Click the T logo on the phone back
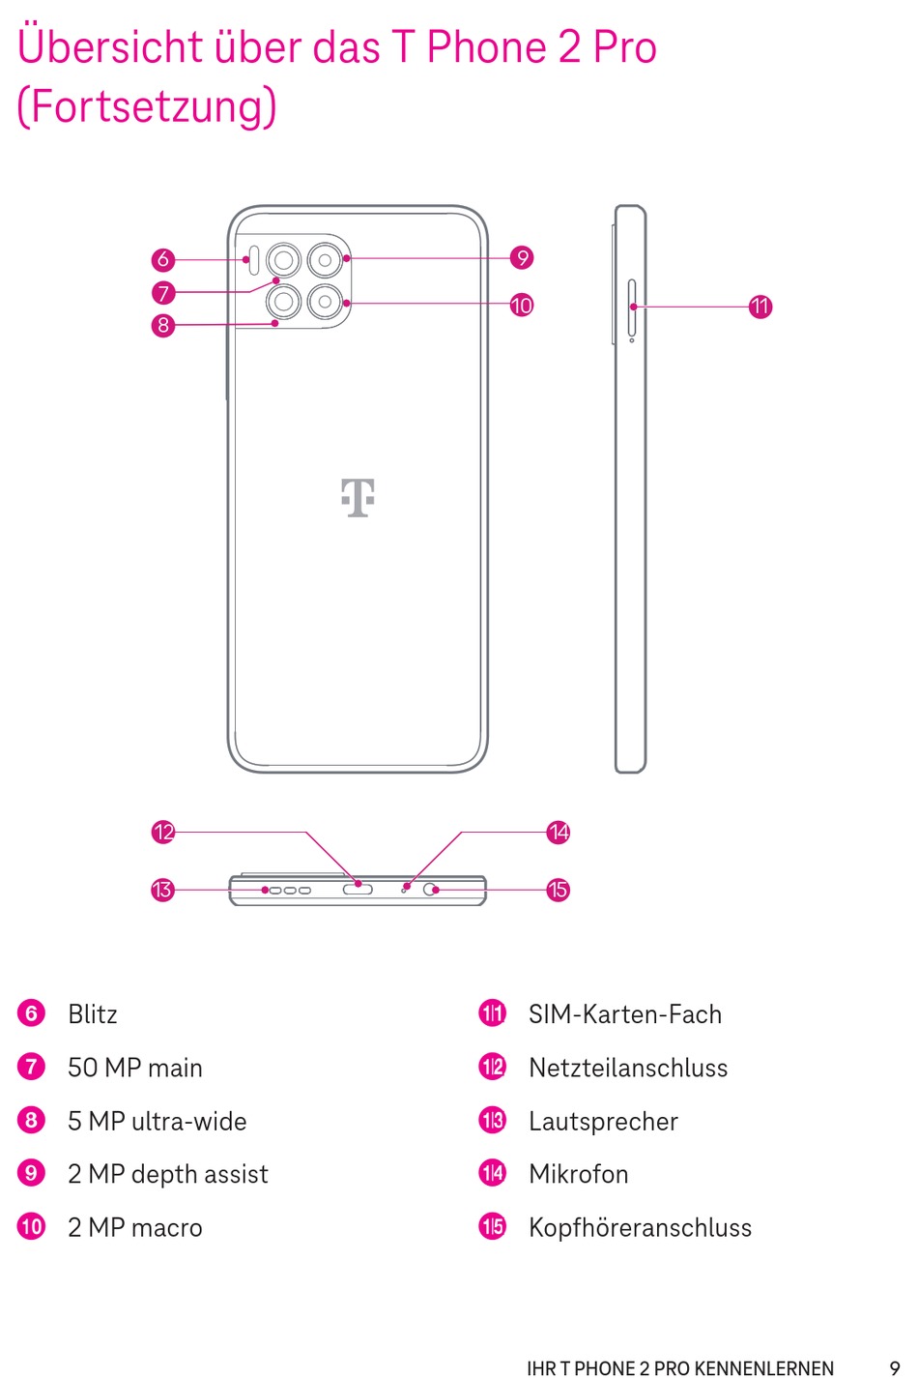tap(358, 497)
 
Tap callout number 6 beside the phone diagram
tap(163, 259)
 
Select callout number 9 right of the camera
tap(522, 257)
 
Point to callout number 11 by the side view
tap(760, 307)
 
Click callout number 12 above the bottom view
tap(163, 832)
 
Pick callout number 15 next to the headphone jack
tap(559, 890)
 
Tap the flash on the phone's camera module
tap(251, 259)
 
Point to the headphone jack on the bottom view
tap(430, 889)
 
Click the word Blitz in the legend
tap(93, 1014)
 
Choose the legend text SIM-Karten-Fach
tap(625, 1014)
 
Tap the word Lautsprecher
tap(603, 1122)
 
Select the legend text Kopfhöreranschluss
tap(640, 1228)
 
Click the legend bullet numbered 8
tap(32, 1121)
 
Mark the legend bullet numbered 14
tap(493, 1174)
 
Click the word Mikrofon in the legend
tap(579, 1174)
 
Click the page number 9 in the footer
tap(894, 1368)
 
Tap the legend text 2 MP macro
tap(135, 1228)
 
